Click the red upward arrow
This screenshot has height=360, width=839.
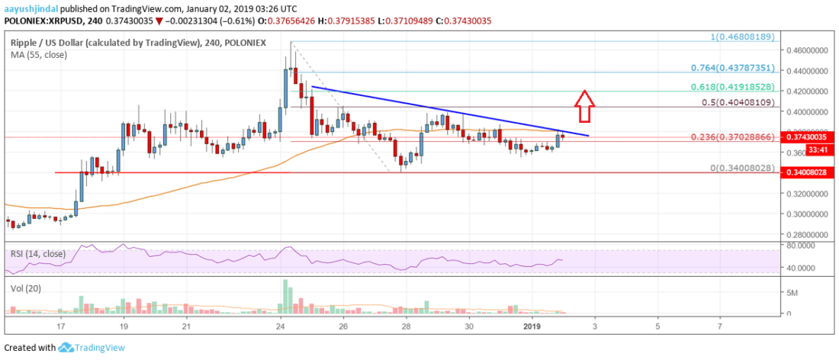(584, 105)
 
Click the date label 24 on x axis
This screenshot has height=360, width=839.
(281, 326)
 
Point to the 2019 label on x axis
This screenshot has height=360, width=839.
(533, 326)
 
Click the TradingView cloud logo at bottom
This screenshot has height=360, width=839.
(66, 347)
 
